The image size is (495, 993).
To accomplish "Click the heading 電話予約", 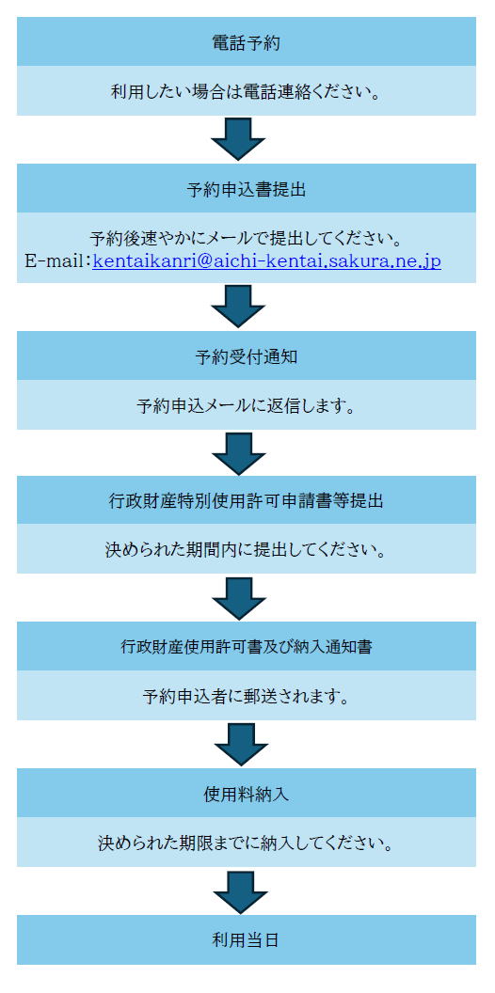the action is click(246, 43).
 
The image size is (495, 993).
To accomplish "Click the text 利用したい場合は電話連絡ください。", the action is click(246, 92).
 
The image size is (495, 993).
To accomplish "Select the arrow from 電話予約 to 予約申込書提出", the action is click(238, 138).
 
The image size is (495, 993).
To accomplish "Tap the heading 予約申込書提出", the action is click(246, 190).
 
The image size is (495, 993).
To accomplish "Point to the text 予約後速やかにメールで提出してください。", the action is click(246, 240).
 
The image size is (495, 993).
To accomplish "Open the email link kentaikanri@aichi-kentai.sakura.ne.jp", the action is click(267, 260).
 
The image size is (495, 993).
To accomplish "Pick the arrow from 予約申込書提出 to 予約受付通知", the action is click(238, 307).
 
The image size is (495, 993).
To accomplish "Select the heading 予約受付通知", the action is click(246, 357).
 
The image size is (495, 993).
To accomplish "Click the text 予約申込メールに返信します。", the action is click(246, 406).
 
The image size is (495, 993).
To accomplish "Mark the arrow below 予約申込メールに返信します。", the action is click(238, 453).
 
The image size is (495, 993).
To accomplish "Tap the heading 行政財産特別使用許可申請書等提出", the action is click(246, 501).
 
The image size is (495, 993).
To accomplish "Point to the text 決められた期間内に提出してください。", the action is click(246, 550).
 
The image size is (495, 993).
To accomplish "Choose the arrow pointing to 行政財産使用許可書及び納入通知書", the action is click(238, 598).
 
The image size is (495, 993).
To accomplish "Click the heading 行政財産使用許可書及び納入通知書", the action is click(246, 647).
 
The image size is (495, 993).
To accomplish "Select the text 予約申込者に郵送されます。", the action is click(246, 697).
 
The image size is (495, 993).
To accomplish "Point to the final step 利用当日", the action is click(246, 939).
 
